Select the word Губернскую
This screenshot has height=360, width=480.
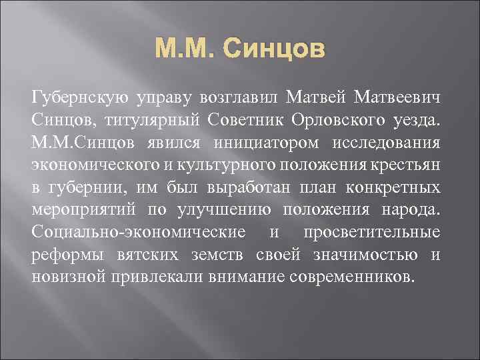(x=73, y=99)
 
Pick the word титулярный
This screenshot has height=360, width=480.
(x=141, y=121)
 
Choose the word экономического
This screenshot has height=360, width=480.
(x=97, y=166)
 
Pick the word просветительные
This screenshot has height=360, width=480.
(x=371, y=233)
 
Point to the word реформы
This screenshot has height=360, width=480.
(x=65, y=255)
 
